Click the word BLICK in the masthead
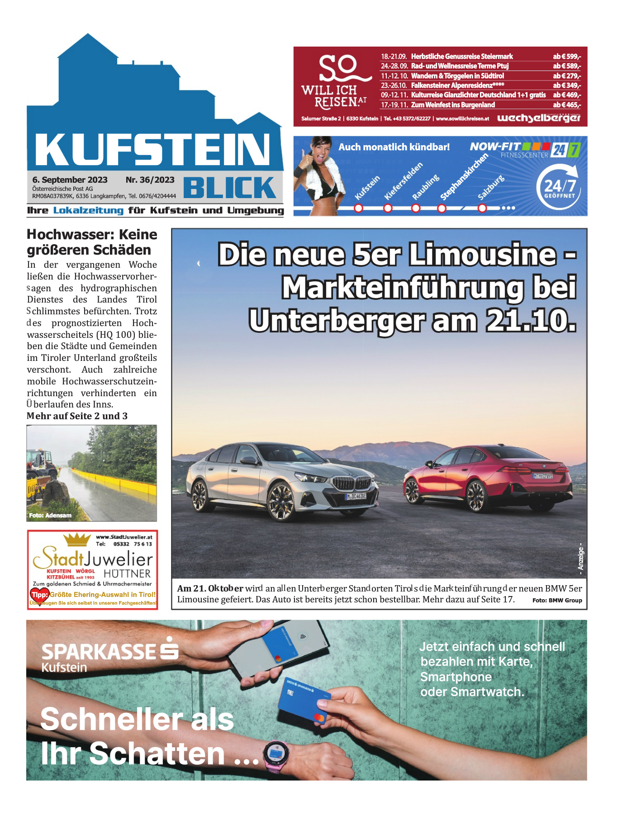[x=230, y=188]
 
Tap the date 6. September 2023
[x=70, y=180]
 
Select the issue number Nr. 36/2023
[x=150, y=180]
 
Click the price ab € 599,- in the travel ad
[x=566, y=57]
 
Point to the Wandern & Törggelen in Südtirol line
[x=457, y=76]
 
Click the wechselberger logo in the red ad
[x=538, y=118]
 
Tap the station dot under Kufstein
[x=358, y=208]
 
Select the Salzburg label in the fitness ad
[x=490, y=188]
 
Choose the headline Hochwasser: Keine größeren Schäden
[x=92, y=242]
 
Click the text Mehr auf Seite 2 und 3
[x=77, y=416]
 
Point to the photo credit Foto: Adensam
[x=50, y=516]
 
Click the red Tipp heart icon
[x=39, y=595]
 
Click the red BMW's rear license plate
[x=542, y=476]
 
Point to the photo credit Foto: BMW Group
[x=557, y=601]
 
